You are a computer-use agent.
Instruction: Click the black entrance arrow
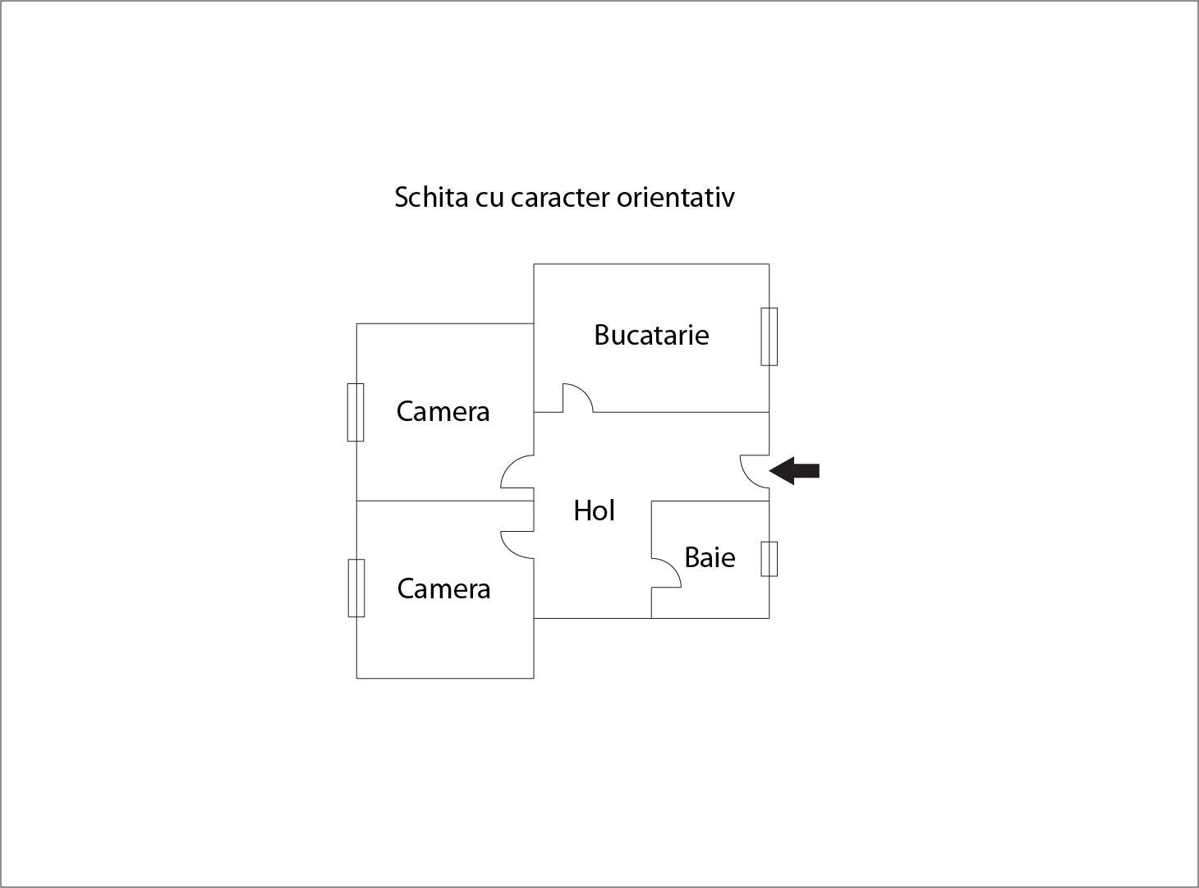click(x=794, y=471)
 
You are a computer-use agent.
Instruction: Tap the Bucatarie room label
click(x=651, y=335)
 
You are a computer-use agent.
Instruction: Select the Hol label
click(x=594, y=510)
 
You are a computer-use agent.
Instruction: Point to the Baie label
click(x=710, y=557)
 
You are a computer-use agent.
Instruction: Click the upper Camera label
click(x=443, y=411)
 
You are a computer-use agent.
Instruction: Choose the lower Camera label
click(x=443, y=588)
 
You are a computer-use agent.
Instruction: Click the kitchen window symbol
click(x=769, y=336)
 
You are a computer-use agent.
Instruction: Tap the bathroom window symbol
click(x=769, y=559)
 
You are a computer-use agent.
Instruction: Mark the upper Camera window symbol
click(x=355, y=412)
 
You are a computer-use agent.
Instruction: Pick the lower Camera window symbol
click(x=356, y=588)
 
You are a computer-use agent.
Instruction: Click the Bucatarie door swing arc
click(x=578, y=398)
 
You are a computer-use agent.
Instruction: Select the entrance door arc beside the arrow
click(x=755, y=471)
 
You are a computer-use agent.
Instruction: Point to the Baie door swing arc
click(x=666, y=573)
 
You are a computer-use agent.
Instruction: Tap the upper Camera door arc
click(x=517, y=472)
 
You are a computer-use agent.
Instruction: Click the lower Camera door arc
click(x=517, y=545)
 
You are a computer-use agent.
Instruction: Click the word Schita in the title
click(x=431, y=197)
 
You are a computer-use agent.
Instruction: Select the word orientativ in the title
click(x=676, y=197)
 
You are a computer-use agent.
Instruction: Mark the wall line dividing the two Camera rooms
click(x=445, y=501)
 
